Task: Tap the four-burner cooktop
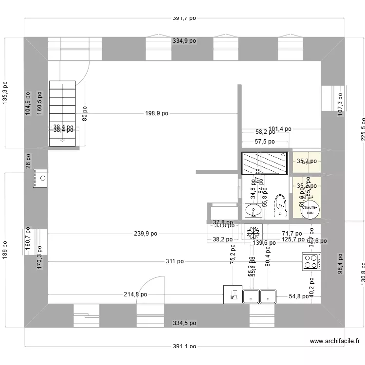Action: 311,261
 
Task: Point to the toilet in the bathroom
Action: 280,204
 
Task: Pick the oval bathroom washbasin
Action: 252,211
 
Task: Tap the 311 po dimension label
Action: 175,261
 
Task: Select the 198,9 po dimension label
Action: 157,113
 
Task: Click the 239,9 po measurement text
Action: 146,234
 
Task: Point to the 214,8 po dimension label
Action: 135,294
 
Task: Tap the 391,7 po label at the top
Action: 184,18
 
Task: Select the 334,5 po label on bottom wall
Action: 184,323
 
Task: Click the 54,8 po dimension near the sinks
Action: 299,296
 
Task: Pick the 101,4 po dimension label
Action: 280,129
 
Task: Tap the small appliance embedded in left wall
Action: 40,178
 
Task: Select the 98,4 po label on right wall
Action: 341,263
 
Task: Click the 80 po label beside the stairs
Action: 85,113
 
